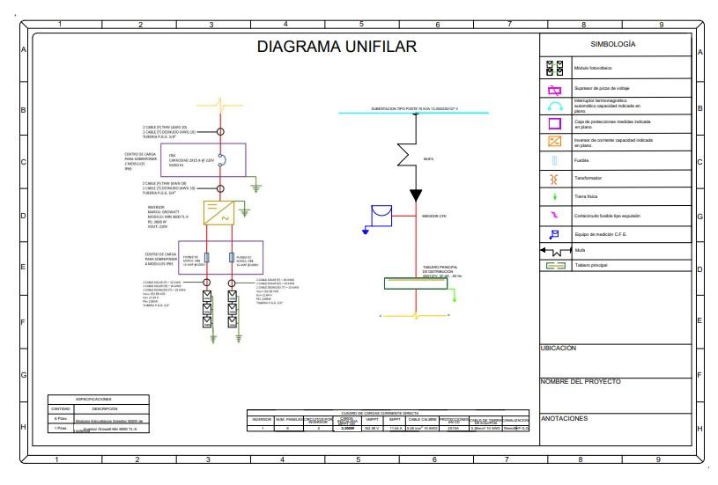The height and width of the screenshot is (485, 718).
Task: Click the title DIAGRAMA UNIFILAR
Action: point(336,48)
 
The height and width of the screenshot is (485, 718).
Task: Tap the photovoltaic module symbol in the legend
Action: point(555,68)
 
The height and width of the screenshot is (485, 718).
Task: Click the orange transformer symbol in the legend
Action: point(555,179)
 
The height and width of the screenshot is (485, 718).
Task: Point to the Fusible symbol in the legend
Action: point(555,161)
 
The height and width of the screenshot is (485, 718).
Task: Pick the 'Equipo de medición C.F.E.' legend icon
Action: point(555,234)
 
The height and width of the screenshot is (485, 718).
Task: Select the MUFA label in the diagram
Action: point(429,159)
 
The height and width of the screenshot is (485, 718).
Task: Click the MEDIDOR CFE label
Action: point(434,216)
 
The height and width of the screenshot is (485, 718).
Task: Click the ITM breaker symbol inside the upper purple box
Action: point(220,159)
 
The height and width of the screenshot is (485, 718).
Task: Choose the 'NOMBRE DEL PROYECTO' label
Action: point(581,381)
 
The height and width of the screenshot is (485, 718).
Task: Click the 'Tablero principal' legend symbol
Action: point(555,265)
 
